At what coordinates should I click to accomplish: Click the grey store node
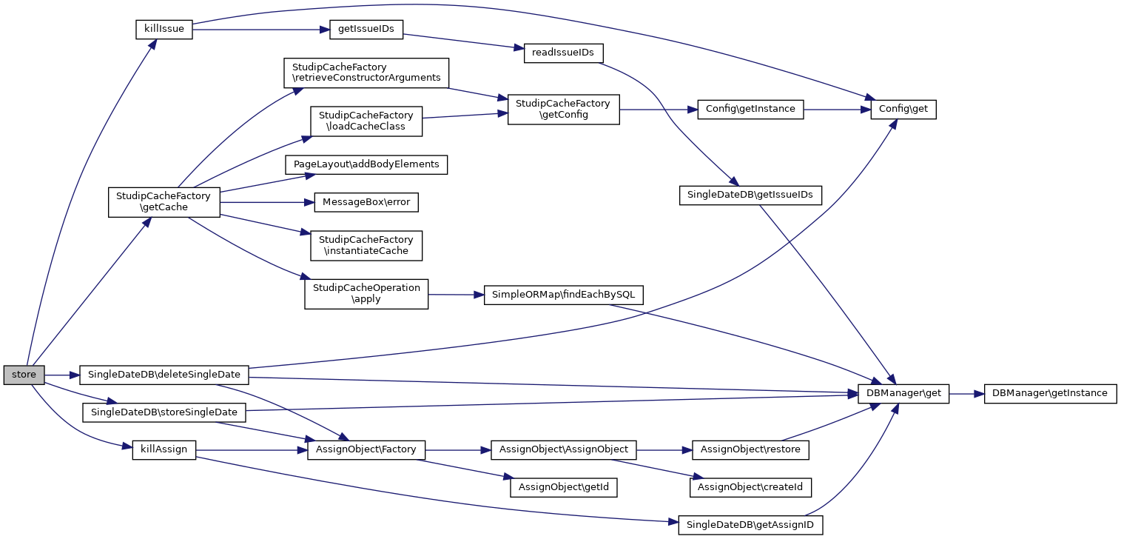click(24, 375)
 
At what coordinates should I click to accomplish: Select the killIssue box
click(164, 30)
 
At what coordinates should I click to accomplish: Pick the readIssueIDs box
click(563, 53)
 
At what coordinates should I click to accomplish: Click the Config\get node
click(903, 110)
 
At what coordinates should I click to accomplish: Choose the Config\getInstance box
click(750, 109)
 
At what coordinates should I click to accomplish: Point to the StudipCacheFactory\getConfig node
click(563, 110)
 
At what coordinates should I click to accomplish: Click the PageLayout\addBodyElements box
click(366, 164)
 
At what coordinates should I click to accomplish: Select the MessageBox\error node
click(366, 201)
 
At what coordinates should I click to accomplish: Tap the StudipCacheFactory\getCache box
click(164, 201)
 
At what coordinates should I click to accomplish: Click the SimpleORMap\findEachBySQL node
click(564, 295)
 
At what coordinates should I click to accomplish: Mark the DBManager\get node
click(903, 393)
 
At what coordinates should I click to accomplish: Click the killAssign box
click(164, 449)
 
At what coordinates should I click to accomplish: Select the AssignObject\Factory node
click(366, 449)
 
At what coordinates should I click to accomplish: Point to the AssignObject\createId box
click(750, 487)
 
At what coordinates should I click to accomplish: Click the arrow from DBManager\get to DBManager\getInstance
click(966, 394)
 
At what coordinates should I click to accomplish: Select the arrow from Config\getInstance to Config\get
click(837, 110)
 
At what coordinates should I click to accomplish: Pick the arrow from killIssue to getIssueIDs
click(259, 30)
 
